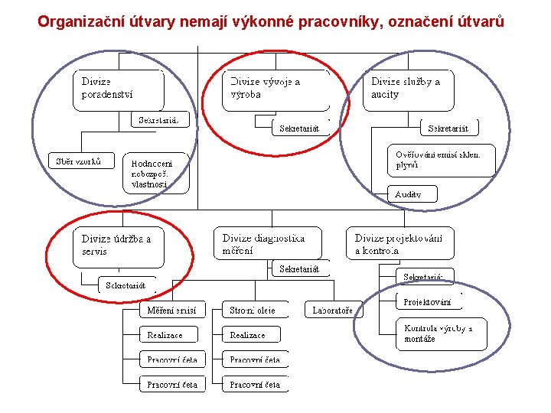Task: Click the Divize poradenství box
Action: [119, 89]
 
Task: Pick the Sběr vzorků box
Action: [80, 161]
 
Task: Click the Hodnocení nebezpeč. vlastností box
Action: [157, 174]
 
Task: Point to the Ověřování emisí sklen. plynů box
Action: [439, 159]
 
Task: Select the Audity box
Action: [414, 194]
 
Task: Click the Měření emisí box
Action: [172, 310]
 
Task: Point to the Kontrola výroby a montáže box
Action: [441, 333]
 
